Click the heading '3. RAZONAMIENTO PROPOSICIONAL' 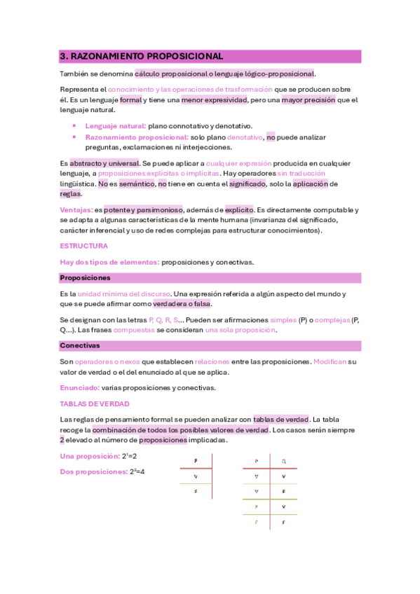click(x=142, y=56)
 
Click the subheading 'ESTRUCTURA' click(x=83, y=246)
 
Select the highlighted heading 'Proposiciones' click(x=86, y=277)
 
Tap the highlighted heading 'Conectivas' click(x=79, y=345)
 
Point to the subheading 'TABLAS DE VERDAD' click(x=95, y=403)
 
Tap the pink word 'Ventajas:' click(x=76, y=209)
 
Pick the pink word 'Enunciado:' click(x=79, y=387)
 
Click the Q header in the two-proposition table click(x=283, y=461)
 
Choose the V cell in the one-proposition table click(x=194, y=476)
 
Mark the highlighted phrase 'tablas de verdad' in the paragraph click(x=281, y=419)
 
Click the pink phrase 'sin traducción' click(x=301, y=172)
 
